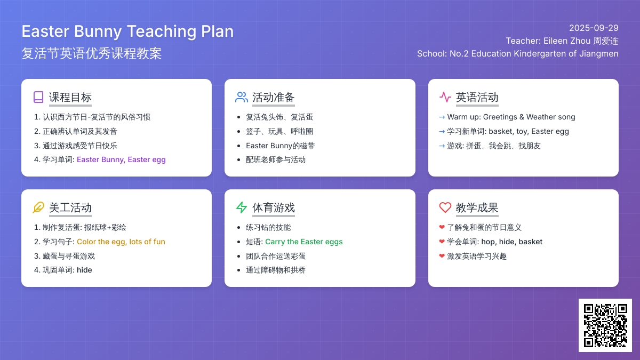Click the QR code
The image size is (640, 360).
pyautogui.click(x=605, y=325)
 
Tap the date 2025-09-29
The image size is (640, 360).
pyautogui.click(x=594, y=28)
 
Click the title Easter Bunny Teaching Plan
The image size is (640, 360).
pyautogui.click(x=127, y=31)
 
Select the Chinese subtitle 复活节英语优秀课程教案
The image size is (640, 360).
pyautogui.click(x=92, y=53)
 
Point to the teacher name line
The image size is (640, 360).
pyautogui.click(x=562, y=41)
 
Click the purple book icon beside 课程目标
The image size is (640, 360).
pyautogui.click(x=38, y=97)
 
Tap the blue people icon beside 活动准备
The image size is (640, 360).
pyautogui.click(x=242, y=97)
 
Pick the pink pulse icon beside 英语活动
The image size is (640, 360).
pyautogui.click(x=445, y=97)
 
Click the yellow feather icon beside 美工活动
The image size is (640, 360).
pyautogui.click(x=38, y=207)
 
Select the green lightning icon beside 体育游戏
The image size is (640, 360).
pyautogui.click(x=242, y=207)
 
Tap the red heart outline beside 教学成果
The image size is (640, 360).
pyautogui.click(x=445, y=207)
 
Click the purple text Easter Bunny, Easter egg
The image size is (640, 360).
pyautogui.click(x=121, y=159)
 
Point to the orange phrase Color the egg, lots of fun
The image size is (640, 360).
pyautogui.click(x=121, y=242)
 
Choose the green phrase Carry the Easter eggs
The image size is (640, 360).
pyautogui.click(x=303, y=242)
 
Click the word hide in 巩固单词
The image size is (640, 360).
pyautogui.click(x=84, y=270)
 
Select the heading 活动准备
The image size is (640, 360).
pyautogui.click(x=274, y=97)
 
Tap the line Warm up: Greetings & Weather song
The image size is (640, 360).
pyautogui.click(x=511, y=117)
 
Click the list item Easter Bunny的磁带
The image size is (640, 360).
pyautogui.click(x=281, y=146)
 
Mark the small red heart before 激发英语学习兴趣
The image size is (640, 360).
pyautogui.click(x=442, y=256)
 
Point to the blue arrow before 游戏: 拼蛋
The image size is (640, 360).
pyautogui.click(x=442, y=146)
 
